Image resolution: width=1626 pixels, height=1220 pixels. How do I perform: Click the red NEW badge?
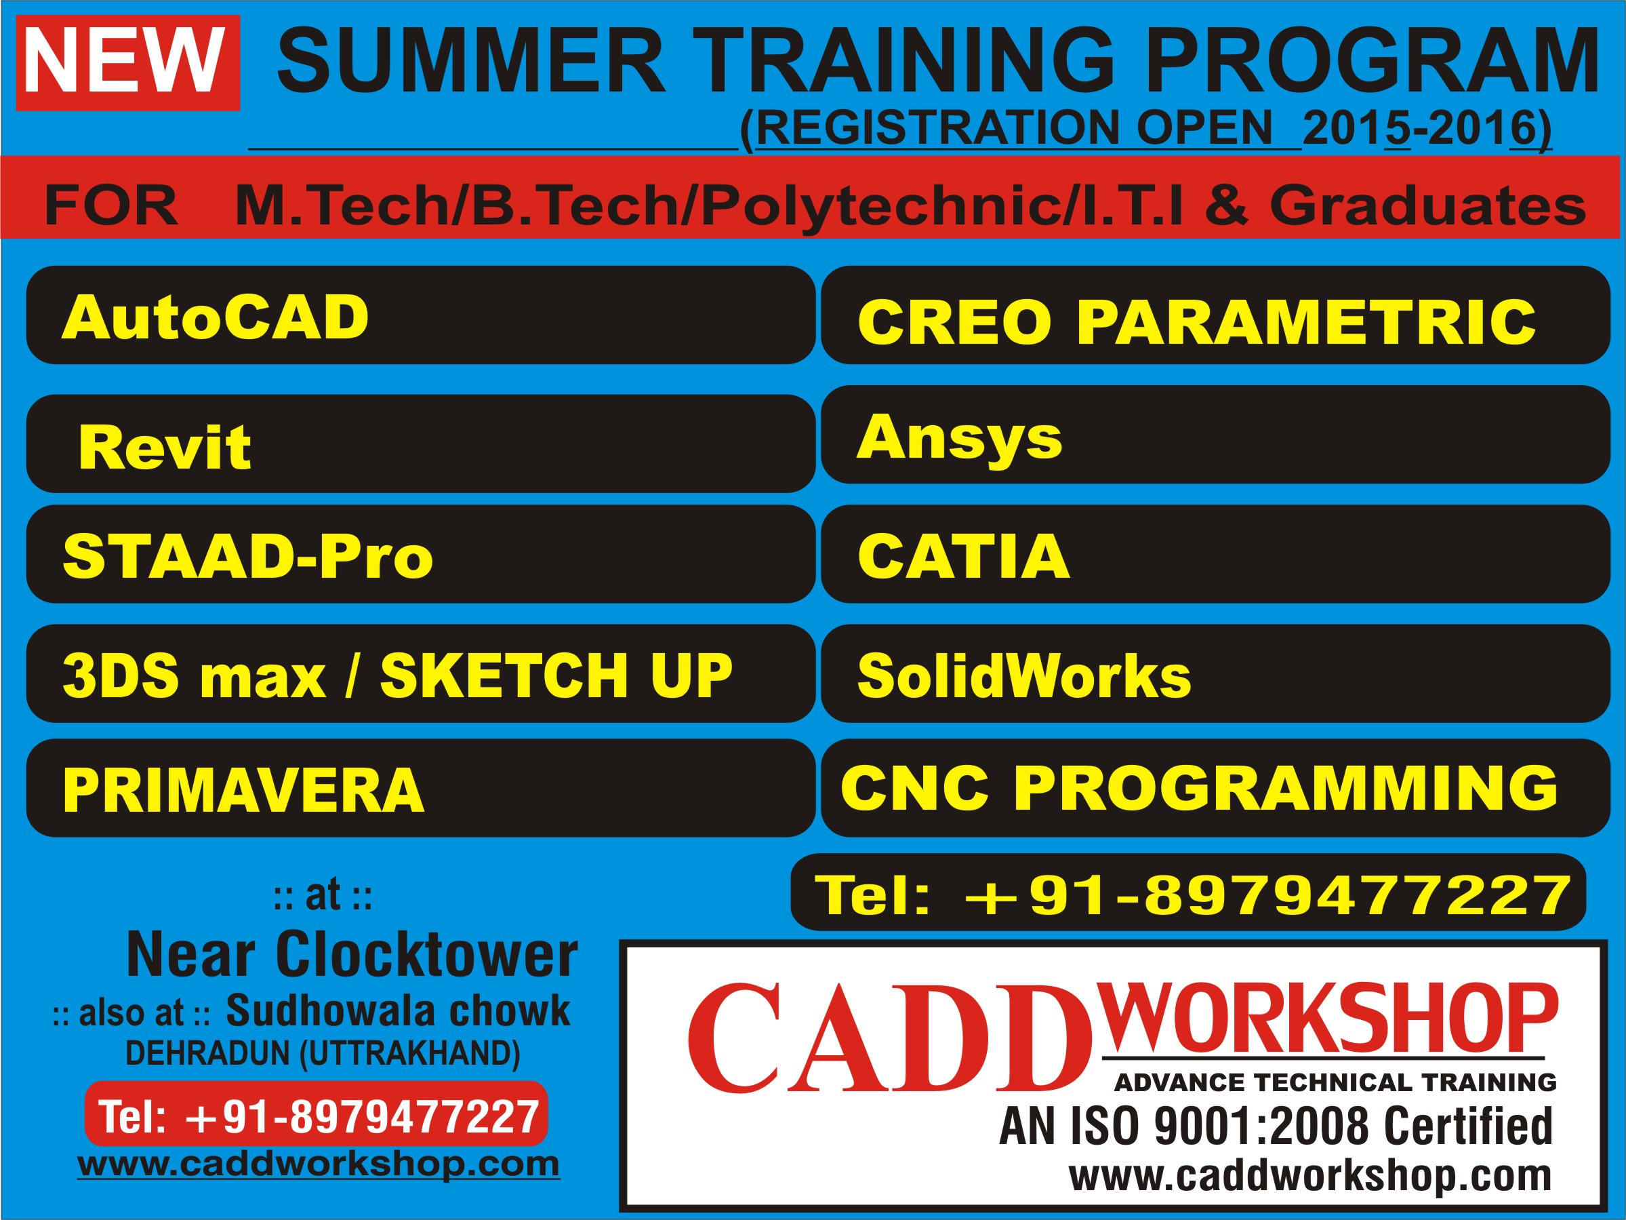[x=128, y=62]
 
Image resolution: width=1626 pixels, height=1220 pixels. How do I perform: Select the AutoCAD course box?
[x=420, y=315]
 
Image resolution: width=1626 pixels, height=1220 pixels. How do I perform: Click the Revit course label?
[x=164, y=447]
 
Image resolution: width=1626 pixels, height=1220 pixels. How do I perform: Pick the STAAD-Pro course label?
[x=247, y=556]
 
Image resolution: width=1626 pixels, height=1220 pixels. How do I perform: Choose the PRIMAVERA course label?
[x=243, y=790]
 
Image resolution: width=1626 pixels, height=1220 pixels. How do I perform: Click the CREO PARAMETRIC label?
[x=1197, y=321]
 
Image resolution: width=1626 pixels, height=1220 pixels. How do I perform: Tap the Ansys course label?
[x=959, y=439]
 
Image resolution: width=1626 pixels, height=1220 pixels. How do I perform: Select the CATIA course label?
[x=963, y=556]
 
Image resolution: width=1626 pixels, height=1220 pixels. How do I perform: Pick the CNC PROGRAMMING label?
[x=1198, y=787]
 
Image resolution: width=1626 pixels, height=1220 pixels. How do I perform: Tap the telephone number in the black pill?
[x=1192, y=895]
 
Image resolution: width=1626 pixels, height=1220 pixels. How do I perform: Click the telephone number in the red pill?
[x=319, y=1117]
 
